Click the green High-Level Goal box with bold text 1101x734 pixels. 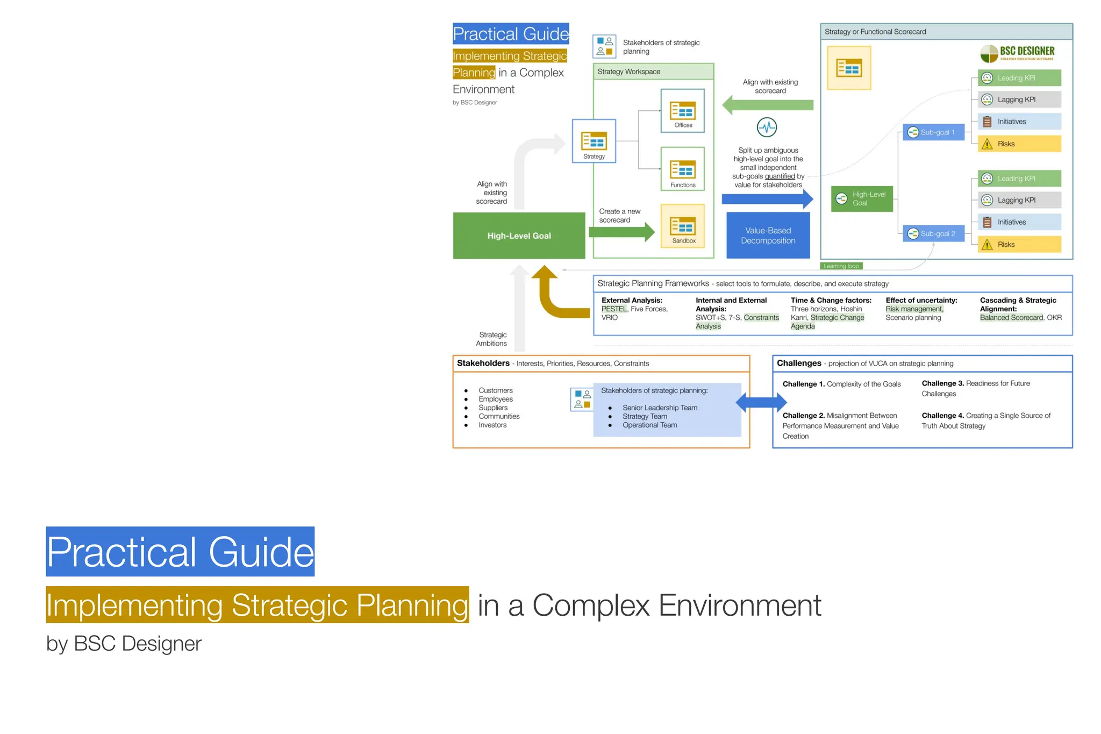coord(519,236)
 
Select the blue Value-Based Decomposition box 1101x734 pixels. coord(768,236)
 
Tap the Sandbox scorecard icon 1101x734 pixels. coord(683,225)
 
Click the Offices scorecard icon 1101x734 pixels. coord(683,111)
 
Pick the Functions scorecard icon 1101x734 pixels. coord(683,169)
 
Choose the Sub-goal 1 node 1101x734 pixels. coord(933,132)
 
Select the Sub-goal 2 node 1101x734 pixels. coord(933,233)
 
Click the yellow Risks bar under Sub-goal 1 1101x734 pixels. coord(1019,144)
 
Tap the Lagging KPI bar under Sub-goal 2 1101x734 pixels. coord(1019,200)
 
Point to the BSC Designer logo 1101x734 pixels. coord(1017,53)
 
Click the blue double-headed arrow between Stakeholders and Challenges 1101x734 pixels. coord(761,402)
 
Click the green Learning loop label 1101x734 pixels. coord(841,266)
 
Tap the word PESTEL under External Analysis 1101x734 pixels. coord(614,309)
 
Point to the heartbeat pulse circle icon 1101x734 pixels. coord(767,127)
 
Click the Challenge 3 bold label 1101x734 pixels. coord(942,383)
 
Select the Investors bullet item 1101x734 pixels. coord(492,425)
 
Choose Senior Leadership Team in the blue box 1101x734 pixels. coord(660,408)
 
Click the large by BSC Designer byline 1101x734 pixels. coord(124,644)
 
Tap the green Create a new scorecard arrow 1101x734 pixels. coord(621,232)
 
